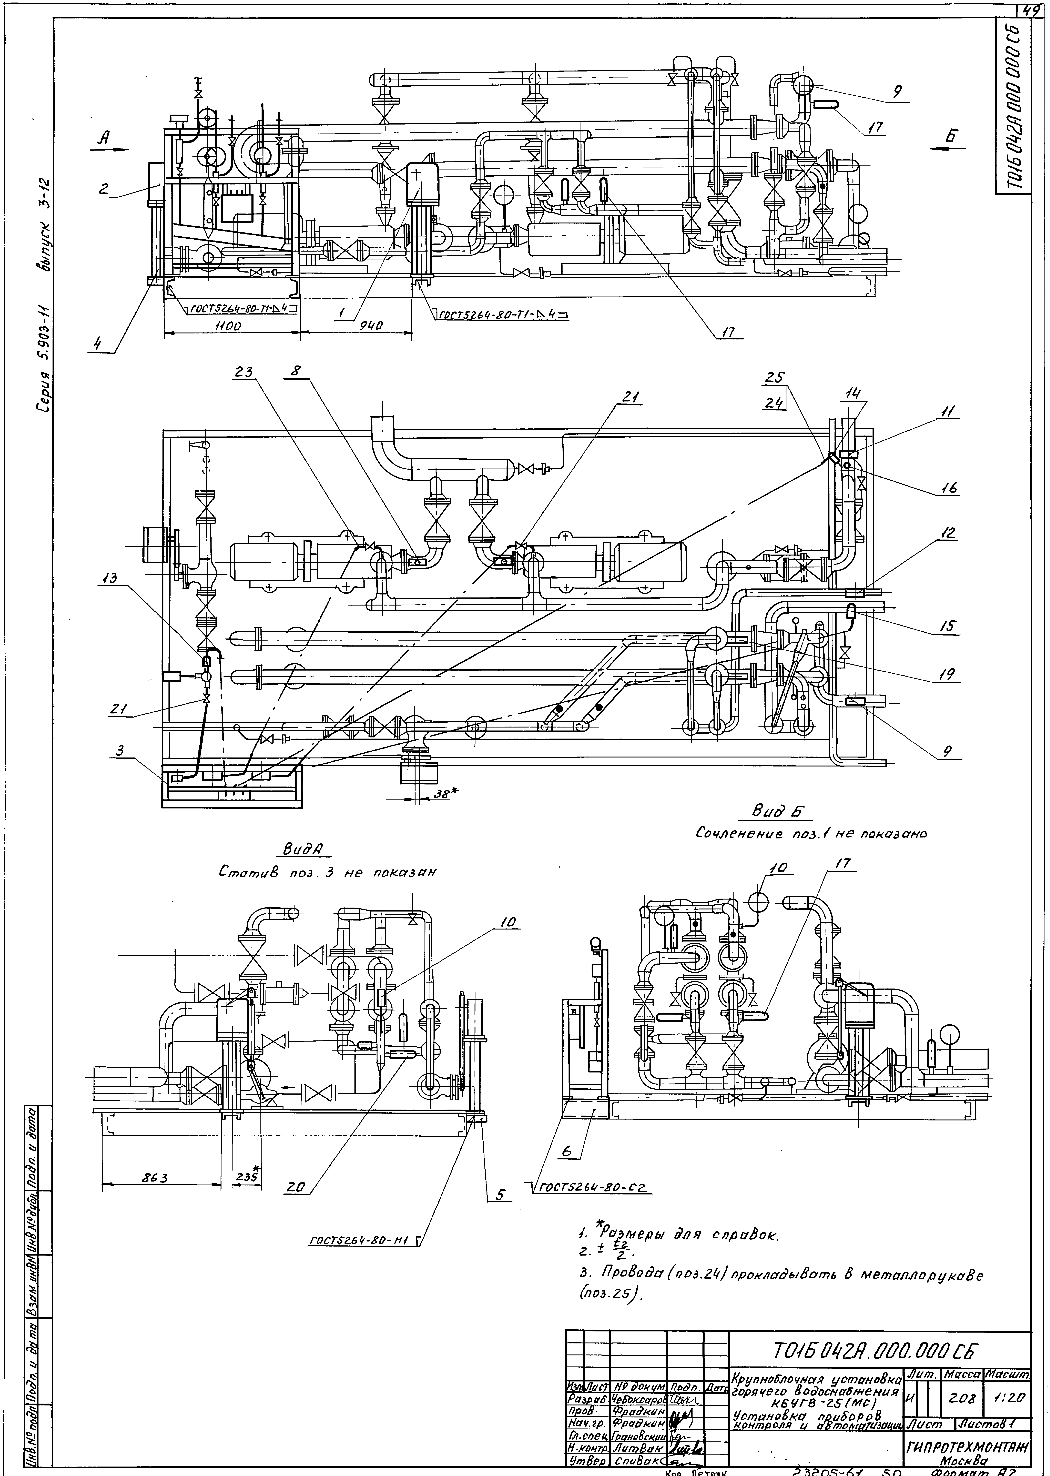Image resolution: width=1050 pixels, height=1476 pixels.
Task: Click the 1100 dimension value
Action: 228,327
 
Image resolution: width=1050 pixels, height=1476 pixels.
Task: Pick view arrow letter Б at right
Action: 950,137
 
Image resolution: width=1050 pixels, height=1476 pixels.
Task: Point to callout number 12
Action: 949,534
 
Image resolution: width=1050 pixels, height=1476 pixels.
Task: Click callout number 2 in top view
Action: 103,189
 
